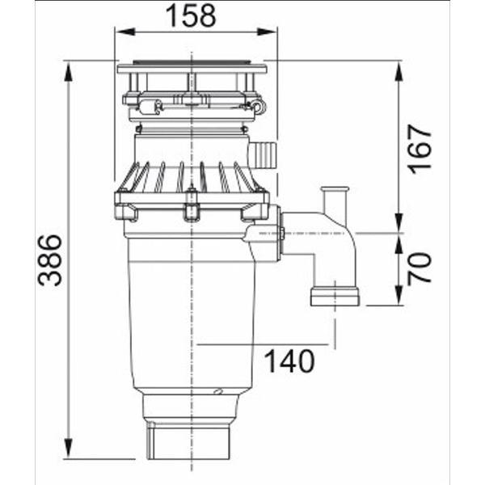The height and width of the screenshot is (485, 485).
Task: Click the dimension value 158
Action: click(191, 16)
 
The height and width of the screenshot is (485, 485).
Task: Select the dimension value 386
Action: click(49, 259)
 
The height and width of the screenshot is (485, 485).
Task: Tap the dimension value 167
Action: click(420, 149)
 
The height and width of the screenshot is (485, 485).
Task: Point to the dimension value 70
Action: click(420, 268)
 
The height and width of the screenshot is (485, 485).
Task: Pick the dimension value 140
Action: click(290, 361)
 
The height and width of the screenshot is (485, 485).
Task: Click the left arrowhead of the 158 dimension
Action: click(125, 32)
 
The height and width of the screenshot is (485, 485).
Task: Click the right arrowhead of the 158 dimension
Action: click(268, 32)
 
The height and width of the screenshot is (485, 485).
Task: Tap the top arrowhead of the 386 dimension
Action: click(69, 71)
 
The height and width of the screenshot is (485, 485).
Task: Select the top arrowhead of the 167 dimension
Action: click(399, 71)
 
